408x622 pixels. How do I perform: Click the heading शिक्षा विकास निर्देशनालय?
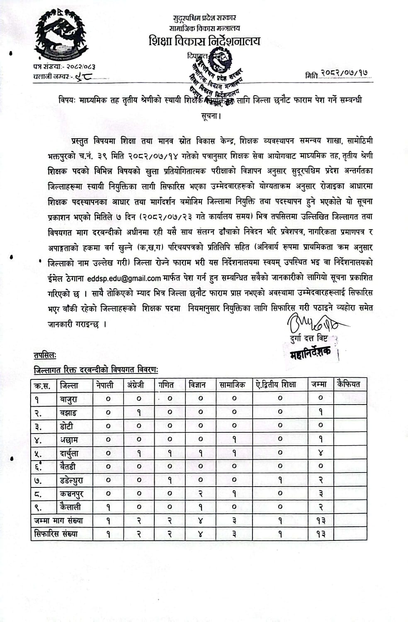coord(205,41)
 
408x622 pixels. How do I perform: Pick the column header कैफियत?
coord(349,384)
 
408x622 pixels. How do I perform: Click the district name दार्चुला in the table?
coord(75,453)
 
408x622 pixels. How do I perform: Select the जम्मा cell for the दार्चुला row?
coord(320,453)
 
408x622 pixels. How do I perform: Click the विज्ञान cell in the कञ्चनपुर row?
coord(201,494)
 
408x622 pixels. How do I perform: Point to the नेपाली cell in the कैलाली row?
coord(108,507)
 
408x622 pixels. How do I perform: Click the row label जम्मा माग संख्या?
coord(58,521)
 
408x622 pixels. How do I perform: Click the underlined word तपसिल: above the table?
coord(45,356)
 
